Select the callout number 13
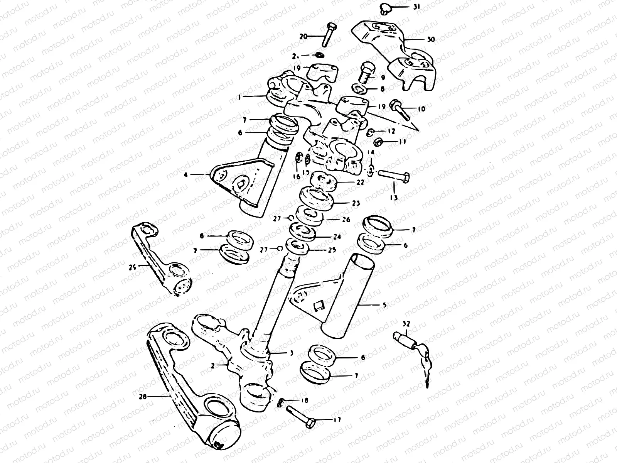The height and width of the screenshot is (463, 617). click(x=394, y=198)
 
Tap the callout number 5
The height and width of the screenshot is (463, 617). click(x=384, y=304)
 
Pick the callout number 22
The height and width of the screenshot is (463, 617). click(x=360, y=182)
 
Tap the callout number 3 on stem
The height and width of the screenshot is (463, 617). click(x=291, y=353)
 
